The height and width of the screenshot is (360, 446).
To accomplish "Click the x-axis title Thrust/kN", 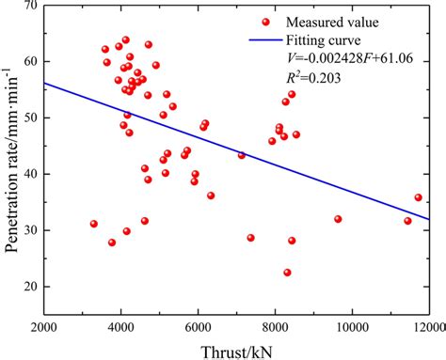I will (x=237, y=350).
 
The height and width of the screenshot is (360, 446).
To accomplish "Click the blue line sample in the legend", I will (x=266, y=39).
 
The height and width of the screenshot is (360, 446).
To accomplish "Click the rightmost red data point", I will (x=419, y=197).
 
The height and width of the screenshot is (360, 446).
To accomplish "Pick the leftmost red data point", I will (x=94, y=224).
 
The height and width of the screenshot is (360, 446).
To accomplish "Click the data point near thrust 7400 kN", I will (x=251, y=238).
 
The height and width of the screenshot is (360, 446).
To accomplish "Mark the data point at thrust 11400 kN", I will (x=407, y=221).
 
